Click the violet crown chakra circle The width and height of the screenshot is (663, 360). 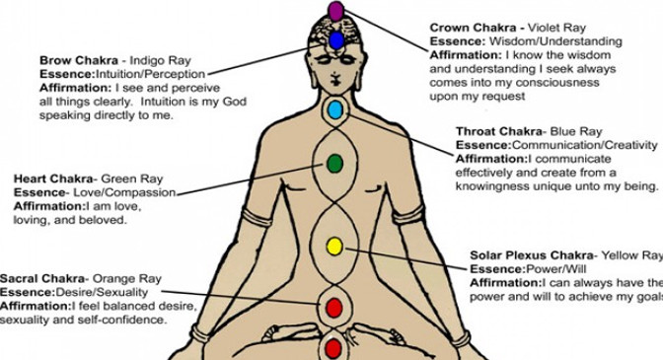[335, 12]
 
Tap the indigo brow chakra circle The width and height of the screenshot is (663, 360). [335, 40]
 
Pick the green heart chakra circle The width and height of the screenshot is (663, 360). [333, 163]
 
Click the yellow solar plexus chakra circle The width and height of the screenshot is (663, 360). [333, 246]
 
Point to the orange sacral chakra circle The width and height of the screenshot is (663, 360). [333, 306]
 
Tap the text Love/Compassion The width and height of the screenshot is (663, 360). [125, 192]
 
